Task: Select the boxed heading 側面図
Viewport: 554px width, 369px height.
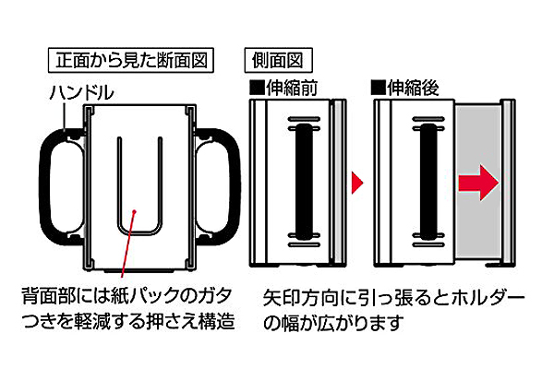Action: tap(278, 61)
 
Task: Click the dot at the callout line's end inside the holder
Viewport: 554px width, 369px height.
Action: tap(135, 211)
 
